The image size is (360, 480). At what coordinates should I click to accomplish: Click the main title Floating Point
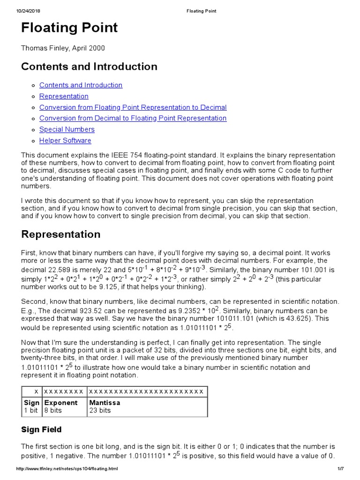[x=69, y=28]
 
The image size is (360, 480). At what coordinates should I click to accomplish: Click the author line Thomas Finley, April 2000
[x=63, y=48]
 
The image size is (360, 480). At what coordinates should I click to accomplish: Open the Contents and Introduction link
[x=81, y=85]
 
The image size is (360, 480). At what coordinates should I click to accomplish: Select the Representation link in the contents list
[x=64, y=96]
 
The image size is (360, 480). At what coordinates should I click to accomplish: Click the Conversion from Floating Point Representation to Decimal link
[x=133, y=107]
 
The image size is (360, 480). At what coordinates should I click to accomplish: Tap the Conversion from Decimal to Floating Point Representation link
[x=133, y=118]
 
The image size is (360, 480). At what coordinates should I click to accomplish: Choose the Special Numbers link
[x=67, y=129]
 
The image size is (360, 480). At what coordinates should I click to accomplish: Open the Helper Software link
[x=65, y=141]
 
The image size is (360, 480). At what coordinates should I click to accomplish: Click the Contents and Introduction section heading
[x=89, y=67]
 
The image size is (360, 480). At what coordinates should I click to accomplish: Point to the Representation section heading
[x=60, y=234]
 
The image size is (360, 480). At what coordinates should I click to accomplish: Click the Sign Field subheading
[x=41, y=429]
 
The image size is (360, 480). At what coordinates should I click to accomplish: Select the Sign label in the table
[x=31, y=403]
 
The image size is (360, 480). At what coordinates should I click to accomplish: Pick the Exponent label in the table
[x=60, y=403]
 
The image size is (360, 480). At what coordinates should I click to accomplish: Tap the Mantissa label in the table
[x=105, y=403]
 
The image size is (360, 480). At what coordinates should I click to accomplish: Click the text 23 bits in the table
[x=100, y=410]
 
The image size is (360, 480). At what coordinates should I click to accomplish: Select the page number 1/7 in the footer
[x=340, y=469]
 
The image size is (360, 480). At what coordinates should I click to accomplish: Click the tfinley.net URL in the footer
[x=67, y=469]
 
